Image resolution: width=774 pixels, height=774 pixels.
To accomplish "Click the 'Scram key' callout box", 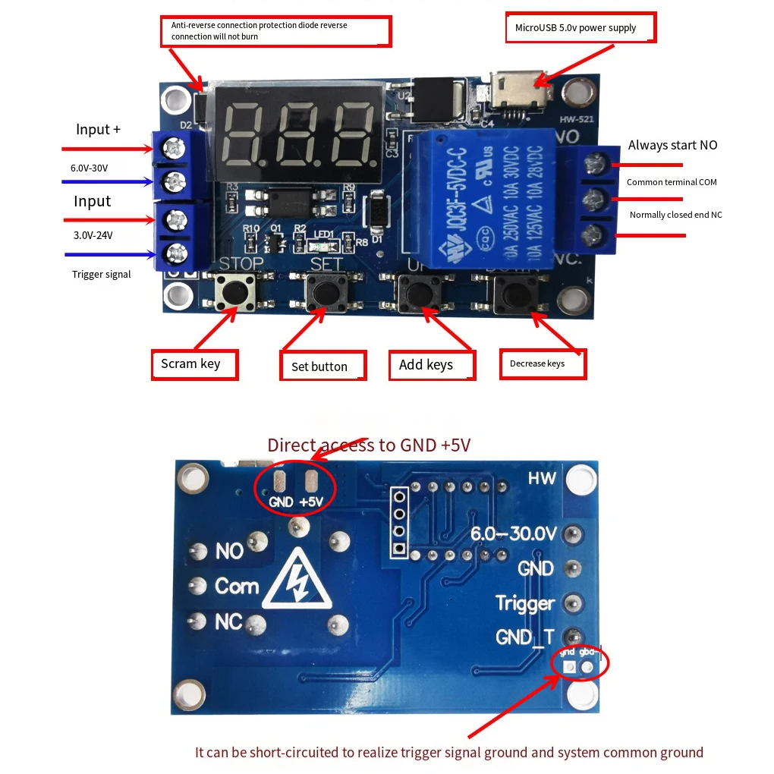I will click(194, 364).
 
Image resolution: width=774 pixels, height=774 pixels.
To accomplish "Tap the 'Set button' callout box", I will click(322, 366).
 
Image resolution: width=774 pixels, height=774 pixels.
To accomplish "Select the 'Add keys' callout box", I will click(432, 365).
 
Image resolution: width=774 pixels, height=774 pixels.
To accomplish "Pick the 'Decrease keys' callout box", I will click(543, 364).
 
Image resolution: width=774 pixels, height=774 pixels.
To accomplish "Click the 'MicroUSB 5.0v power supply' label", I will click(580, 28).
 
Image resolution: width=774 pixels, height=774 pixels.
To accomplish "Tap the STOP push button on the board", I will click(234, 291).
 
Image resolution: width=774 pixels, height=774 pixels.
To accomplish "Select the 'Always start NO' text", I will click(672, 145).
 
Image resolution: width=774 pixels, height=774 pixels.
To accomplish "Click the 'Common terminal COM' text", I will click(672, 182).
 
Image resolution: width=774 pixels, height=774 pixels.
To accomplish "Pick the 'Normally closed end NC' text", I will click(675, 215).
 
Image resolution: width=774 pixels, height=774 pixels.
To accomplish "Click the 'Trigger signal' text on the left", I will click(102, 274).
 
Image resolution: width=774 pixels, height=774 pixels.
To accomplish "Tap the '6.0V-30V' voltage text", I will click(89, 168).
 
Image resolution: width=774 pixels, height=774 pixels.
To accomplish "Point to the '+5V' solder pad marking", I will click(311, 502).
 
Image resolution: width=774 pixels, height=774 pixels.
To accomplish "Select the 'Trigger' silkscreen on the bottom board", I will click(525, 603).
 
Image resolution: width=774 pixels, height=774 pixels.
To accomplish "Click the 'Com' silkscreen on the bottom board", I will click(237, 587).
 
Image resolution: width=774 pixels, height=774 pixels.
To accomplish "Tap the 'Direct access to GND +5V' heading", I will click(369, 445).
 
